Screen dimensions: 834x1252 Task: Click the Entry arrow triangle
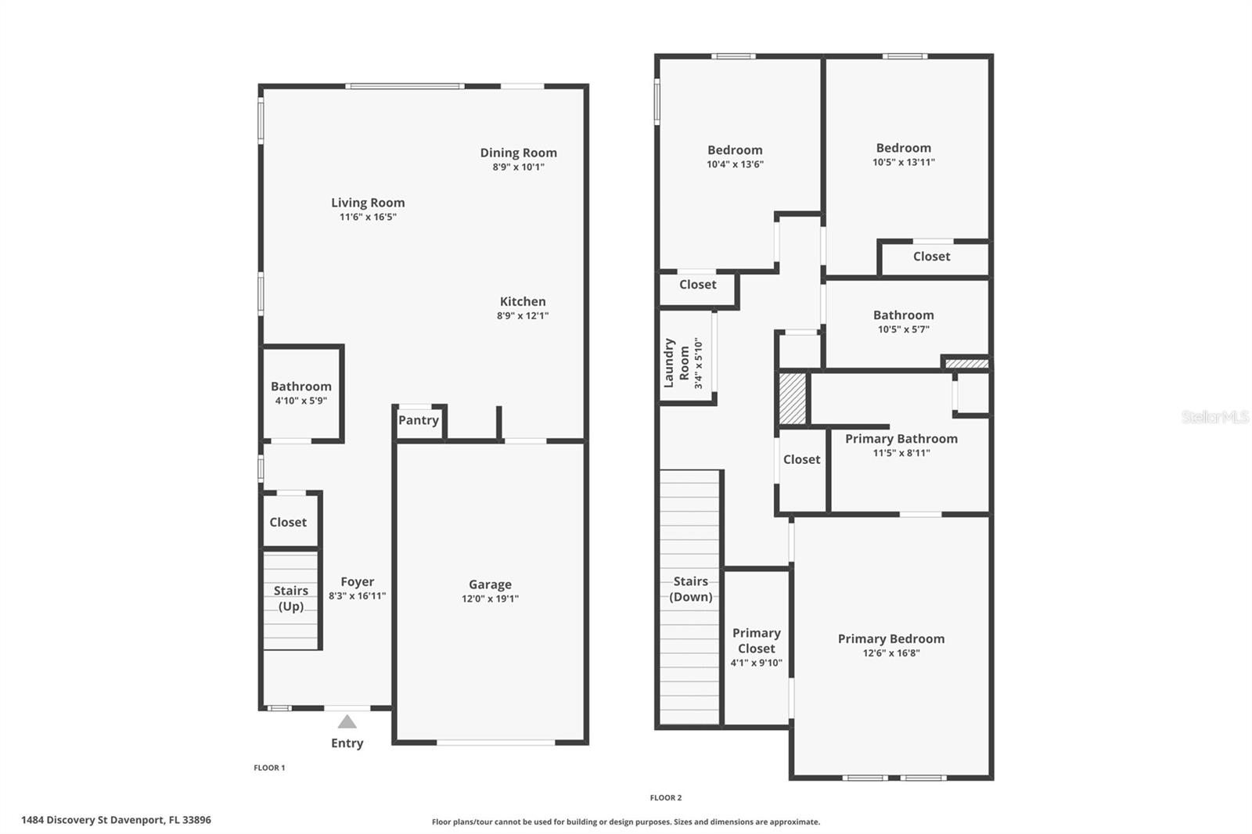coord(347,721)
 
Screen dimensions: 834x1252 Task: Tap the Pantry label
coord(418,420)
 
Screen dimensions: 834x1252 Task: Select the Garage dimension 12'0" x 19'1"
coord(490,599)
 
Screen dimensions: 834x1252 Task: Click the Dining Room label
coord(518,153)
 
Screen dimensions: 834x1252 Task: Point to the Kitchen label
coord(523,301)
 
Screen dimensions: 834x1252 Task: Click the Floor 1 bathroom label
coord(300,386)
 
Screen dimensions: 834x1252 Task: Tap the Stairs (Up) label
coord(290,599)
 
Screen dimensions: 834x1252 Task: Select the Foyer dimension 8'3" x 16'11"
coord(357,595)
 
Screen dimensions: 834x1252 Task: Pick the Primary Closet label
coord(756,640)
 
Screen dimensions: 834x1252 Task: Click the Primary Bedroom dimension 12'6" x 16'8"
coord(890,652)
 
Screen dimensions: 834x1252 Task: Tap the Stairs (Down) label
coord(690,588)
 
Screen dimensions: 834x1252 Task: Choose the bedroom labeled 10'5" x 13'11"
coord(903,148)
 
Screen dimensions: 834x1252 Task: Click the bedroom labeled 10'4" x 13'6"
coord(734,150)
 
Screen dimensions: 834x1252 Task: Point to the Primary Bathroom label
coord(901,439)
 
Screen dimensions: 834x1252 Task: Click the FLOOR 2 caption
coord(665,797)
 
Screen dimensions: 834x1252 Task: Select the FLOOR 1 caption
coord(269,767)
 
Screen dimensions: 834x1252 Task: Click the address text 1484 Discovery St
coord(116,820)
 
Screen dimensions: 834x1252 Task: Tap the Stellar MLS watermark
coord(1214,417)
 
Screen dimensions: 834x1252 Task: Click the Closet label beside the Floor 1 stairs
coord(288,522)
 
